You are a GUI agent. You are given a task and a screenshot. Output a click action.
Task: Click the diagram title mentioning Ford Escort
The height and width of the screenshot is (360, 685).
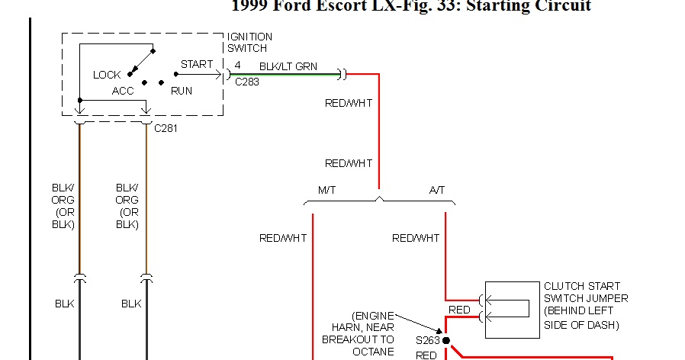(410, 6)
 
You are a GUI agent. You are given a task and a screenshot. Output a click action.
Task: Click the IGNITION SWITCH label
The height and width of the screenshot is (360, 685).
(249, 43)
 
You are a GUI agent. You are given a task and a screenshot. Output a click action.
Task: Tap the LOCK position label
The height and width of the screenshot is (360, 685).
(107, 75)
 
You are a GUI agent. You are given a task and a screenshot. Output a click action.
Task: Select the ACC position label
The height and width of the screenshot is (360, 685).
(123, 90)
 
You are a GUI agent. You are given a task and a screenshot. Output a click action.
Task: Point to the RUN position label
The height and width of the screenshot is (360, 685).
(182, 90)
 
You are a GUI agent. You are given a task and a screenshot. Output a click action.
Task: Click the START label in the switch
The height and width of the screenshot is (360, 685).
(197, 64)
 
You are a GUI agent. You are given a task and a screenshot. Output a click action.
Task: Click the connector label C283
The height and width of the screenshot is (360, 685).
(246, 82)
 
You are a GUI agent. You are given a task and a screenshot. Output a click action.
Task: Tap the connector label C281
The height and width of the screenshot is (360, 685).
(166, 127)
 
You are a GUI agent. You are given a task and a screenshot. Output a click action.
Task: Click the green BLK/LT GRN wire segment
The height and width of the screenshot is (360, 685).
(282, 75)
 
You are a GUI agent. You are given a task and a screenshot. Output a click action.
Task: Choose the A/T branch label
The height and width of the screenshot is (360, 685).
(436, 189)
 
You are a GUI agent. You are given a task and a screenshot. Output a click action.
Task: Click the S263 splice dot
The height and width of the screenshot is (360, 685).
(446, 340)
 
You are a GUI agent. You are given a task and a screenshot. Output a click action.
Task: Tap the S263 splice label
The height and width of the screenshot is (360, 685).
(428, 340)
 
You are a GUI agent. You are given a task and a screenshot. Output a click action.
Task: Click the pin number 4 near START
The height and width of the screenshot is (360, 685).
(237, 65)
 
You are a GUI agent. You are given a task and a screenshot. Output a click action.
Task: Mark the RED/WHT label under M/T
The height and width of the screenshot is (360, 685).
(283, 238)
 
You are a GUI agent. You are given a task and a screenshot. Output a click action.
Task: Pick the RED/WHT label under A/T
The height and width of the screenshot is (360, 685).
(416, 238)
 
